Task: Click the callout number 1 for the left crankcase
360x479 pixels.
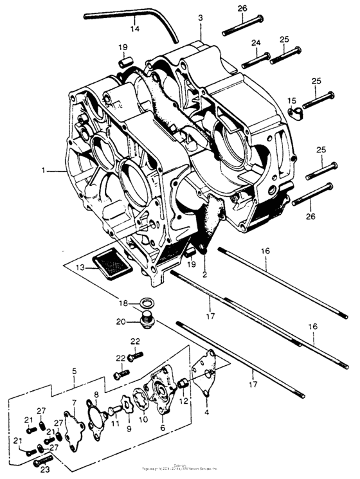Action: [x=44, y=171]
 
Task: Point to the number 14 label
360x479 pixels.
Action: [x=134, y=30]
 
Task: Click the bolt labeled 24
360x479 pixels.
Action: [x=255, y=59]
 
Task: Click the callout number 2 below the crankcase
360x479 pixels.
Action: [x=204, y=275]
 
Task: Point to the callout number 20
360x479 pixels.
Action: [x=122, y=322]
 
